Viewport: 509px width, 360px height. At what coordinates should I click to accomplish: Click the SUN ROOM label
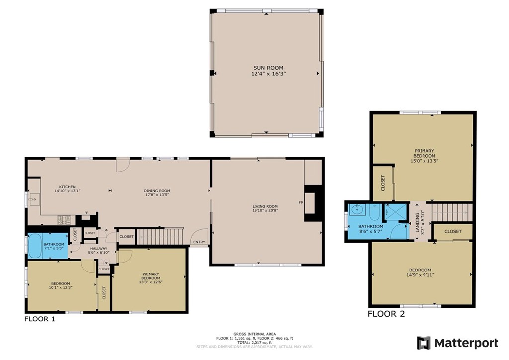click(268, 68)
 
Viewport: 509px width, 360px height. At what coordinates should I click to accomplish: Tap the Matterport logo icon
click(424, 343)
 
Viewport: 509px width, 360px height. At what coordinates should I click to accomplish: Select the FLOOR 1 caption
click(40, 319)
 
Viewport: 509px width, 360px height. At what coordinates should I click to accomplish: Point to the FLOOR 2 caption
click(386, 314)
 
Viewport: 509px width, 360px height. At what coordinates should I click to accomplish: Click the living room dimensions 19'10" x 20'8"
click(265, 210)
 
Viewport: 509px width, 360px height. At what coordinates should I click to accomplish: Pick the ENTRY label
click(199, 242)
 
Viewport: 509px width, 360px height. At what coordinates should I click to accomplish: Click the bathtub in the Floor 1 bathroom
click(35, 246)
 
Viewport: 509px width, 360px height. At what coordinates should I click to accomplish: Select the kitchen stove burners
click(64, 220)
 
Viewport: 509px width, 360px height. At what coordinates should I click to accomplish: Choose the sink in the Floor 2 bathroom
click(357, 210)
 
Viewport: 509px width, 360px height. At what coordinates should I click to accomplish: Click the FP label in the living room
click(301, 202)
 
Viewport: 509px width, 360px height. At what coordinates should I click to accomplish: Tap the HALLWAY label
click(99, 248)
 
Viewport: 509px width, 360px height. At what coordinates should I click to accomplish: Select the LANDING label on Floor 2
click(418, 223)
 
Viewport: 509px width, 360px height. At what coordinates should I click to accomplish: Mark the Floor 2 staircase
click(452, 212)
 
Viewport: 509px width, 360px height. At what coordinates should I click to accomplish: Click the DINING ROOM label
click(157, 191)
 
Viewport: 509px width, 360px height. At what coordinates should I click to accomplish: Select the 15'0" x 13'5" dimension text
click(424, 161)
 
